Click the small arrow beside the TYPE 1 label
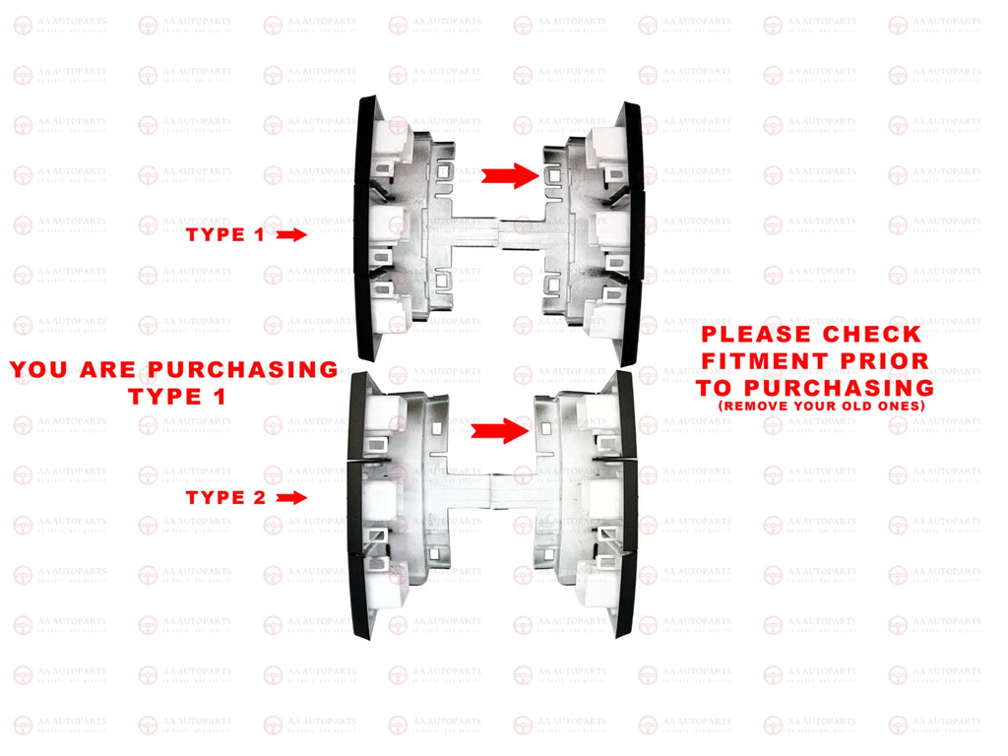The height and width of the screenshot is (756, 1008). (292, 235)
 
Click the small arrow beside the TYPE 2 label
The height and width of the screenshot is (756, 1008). (292, 498)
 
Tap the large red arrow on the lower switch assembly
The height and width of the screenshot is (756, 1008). (499, 430)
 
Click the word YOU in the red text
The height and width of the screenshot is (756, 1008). (39, 370)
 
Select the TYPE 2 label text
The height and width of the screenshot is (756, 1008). (225, 498)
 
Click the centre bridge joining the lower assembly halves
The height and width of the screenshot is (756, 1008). (490, 483)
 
